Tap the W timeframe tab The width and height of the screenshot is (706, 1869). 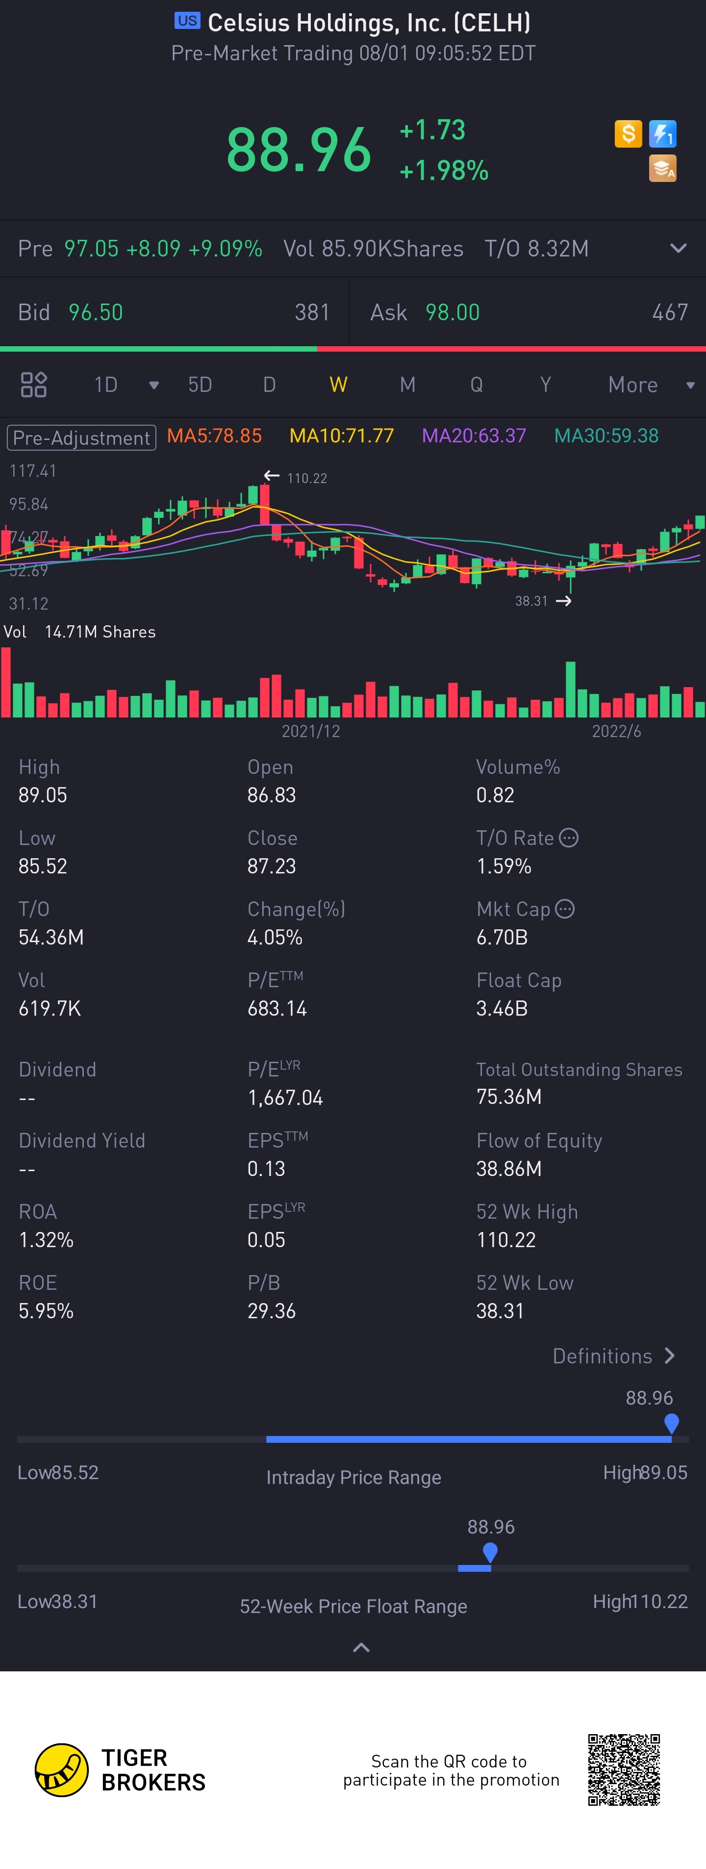[338, 384]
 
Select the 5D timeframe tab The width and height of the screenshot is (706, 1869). [200, 384]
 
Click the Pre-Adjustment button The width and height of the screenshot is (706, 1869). [81, 437]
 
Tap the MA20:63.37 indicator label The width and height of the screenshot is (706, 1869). [474, 436]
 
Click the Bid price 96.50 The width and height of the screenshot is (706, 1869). [96, 313]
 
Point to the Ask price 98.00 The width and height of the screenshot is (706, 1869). [452, 313]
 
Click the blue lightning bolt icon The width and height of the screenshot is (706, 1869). [662, 134]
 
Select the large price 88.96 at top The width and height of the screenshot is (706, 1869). [299, 150]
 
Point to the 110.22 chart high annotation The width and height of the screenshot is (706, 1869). [306, 478]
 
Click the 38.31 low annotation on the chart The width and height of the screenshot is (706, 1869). [531, 601]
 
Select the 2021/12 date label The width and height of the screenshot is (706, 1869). [310, 731]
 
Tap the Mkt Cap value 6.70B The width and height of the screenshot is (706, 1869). [502, 937]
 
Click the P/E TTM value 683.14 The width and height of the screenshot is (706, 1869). [277, 1008]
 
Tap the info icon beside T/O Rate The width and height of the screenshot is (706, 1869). [569, 838]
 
